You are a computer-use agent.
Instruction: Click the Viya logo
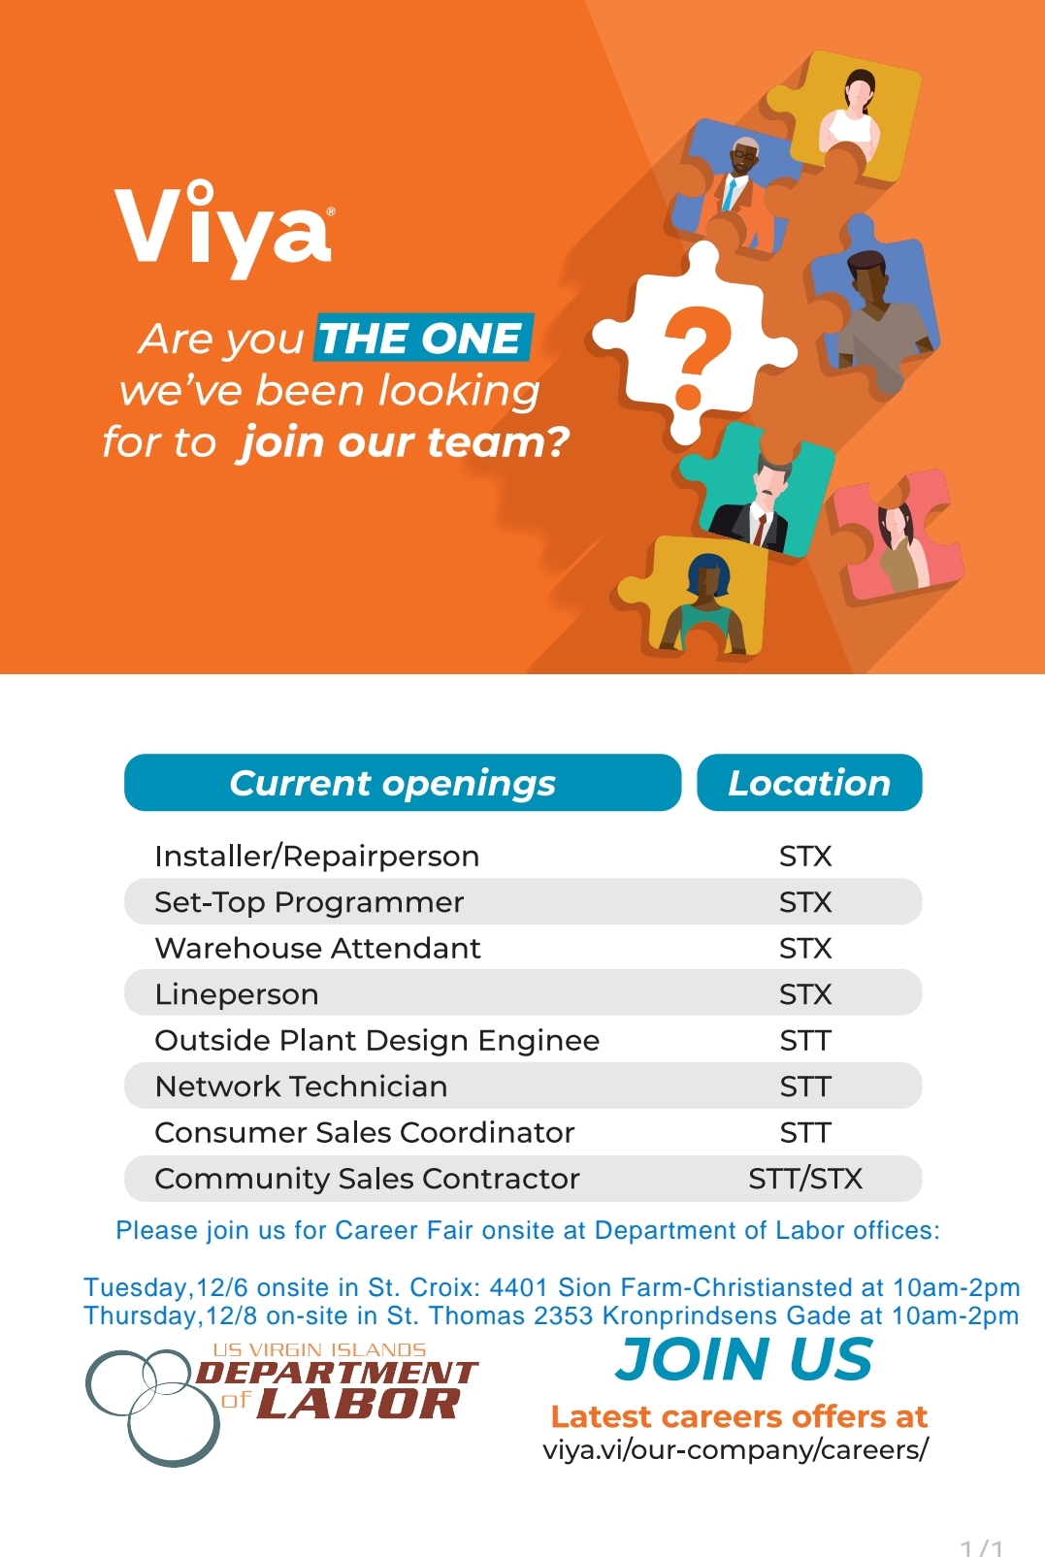coord(224,229)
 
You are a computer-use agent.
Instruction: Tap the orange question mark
coord(696,355)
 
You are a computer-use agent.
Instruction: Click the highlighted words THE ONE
coord(423,338)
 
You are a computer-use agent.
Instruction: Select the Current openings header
coord(403,783)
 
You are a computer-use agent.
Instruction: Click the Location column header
coord(809,783)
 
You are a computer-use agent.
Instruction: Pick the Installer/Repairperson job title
coord(317,857)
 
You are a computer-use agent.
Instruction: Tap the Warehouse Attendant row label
coord(317,948)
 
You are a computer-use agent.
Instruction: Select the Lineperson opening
coord(237,994)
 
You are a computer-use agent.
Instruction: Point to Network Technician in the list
coord(301,1087)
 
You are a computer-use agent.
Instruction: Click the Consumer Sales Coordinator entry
coord(364,1132)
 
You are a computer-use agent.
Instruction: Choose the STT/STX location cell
coord(805,1179)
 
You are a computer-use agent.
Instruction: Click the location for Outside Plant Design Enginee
coord(805,1041)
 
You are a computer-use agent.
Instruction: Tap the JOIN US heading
coord(744,1359)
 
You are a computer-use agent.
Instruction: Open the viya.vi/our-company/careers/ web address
coord(735,1450)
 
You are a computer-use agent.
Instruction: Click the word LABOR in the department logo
coord(359,1404)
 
